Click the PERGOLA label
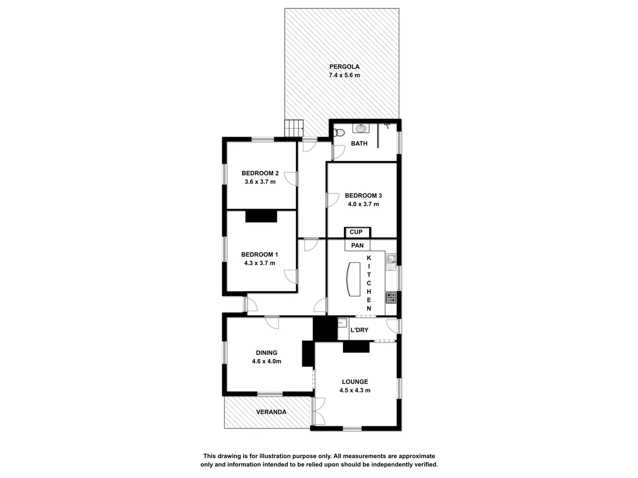(x=344, y=67)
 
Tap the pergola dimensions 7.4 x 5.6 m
(x=344, y=75)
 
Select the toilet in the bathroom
(x=339, y=132)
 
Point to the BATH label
(x=359, y=143)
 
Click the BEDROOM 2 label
(x=260, y=173)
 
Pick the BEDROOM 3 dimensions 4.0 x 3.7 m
(x=363, y=204)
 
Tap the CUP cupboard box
(x=356, y=232)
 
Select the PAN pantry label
(x=357, y=246)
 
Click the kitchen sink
(x=391, y=262)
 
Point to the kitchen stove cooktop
(x=390, y=297)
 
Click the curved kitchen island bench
(x=353, y=279)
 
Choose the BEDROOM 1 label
(x=260, y=254)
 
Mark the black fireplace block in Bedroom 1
(x=261, y=216)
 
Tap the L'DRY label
(x=359, y=330)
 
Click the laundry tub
(x=342, y=324)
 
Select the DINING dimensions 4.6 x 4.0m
(x=267, y=361)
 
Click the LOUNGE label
(x=355, y=382)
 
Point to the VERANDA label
(x=271, y=412)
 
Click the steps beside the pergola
(x=293, y=128)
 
